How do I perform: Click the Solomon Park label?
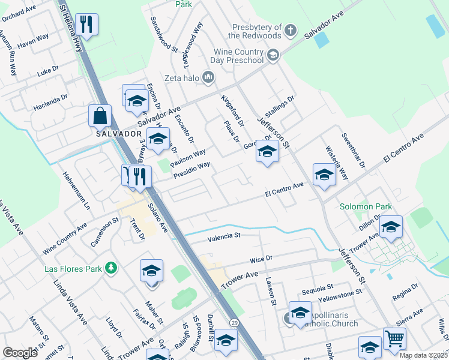366,206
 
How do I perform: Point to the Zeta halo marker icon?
209,76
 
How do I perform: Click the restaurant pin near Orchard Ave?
86,24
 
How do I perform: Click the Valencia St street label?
224,236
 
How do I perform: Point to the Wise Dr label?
261,259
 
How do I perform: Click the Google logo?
20,353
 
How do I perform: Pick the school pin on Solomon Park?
391,227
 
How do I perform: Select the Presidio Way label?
191,170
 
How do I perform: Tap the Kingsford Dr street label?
232,111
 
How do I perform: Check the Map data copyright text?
423,355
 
